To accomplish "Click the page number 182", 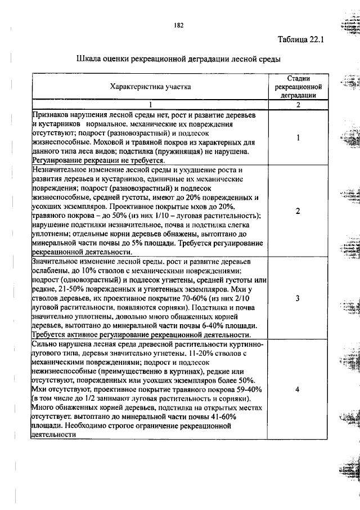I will coord(179,25).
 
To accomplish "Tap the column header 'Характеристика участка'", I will coord(150,87).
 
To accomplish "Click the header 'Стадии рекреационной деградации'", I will coord(298,87).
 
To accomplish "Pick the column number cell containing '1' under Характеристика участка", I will coord(150,105).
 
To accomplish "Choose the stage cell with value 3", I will coord(298,298).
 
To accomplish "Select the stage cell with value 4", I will coord(298,389).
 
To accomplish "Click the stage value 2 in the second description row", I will coord(298,211).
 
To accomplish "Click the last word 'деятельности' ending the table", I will coord(56,435).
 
